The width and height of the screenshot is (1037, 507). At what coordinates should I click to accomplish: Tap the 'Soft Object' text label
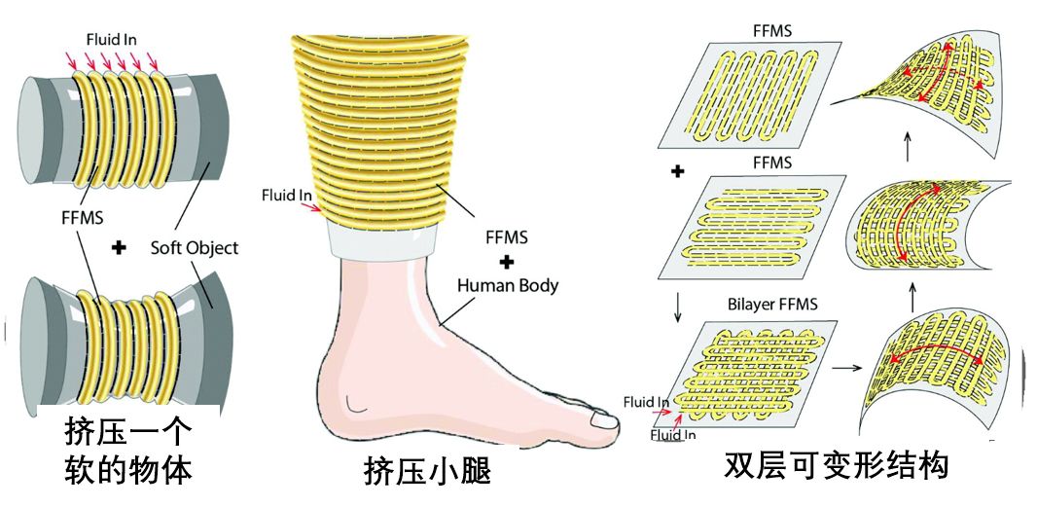pos(194,248)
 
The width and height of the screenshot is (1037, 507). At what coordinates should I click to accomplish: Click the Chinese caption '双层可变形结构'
pos(836,467)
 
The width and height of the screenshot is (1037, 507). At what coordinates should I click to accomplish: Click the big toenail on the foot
pos(604,422)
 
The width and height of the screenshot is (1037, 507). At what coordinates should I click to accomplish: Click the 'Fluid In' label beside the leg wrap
pos(285,197)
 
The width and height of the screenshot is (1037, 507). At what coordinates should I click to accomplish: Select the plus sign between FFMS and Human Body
pos(507,263)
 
